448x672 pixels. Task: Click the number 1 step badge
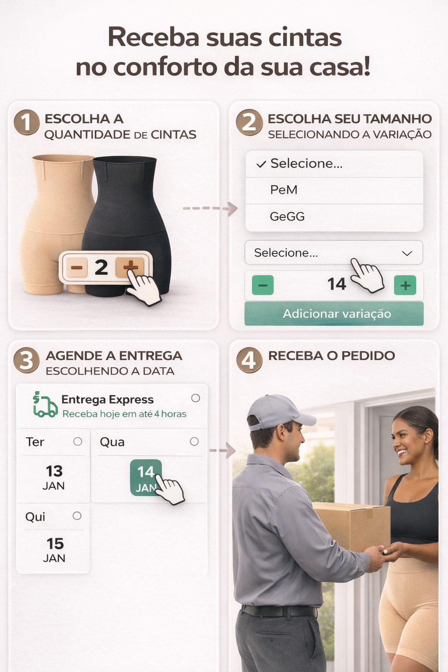tap(27, 122)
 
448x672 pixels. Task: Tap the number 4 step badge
tap(249, 360)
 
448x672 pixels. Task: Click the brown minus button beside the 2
tap(77, 267)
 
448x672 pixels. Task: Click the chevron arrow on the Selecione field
tap(407, 253)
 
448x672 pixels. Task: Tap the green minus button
tap(262, 285)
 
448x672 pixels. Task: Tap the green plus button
tap(405, 285)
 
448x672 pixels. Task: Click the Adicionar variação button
tap(334, 314)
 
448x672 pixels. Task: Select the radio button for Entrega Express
tap(196, 398)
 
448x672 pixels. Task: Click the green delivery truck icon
tap(45, 404)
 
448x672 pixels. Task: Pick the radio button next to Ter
tap(78, 441)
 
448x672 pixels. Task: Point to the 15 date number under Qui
tap(55, 544)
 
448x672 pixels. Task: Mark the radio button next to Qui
tap(77, 516)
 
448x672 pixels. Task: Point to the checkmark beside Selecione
tap(261, 164)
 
